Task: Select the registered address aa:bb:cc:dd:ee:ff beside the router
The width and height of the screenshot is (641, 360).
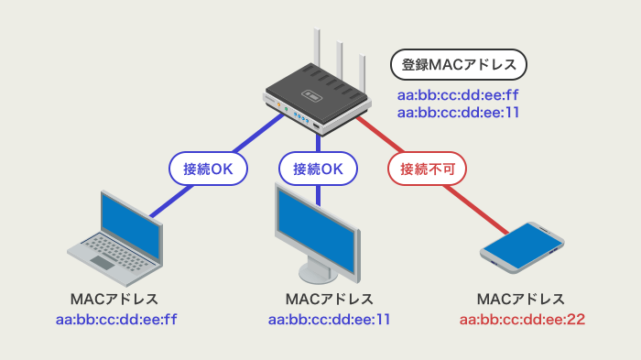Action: pos(458,95)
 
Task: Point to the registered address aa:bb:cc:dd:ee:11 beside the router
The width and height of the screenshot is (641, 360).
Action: pos(458,112)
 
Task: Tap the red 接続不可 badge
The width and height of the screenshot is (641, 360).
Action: pos(428,169)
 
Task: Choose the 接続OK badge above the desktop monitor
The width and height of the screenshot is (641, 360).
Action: pos(318,169)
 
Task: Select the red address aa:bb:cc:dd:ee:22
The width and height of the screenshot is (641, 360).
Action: pos(522,320)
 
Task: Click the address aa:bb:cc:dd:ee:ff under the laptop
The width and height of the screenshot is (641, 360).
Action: pos(114,320)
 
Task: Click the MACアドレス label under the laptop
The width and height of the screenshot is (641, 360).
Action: pos(114,300)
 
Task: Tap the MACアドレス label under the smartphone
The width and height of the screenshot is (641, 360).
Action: pos(522,300)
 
